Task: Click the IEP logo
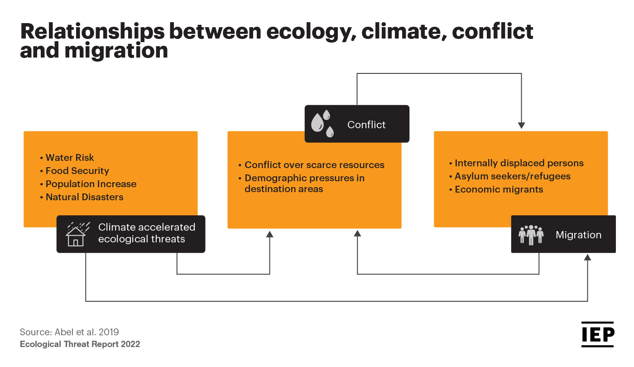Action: tap(597, 334)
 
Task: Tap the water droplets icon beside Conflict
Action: tap(322, 124)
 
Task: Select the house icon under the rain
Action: tap(76, 237)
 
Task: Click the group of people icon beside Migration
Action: tap(531, 235)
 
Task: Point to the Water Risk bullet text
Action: tap(67, 158)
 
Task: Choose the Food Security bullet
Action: tap(75, 171)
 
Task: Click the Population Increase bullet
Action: tap(88, 184)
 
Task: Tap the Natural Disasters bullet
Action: tap(82, 197)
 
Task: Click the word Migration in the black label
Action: tap(579, 235)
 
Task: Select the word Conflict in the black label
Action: tap(366, 125)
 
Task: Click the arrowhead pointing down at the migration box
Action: tap(521, 126)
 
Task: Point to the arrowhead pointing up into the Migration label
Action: tap(588, 257)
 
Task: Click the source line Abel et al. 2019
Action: tap(69, 332)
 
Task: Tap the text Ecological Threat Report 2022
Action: tap(80, 344)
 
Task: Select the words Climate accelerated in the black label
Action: tap(147, 227)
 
